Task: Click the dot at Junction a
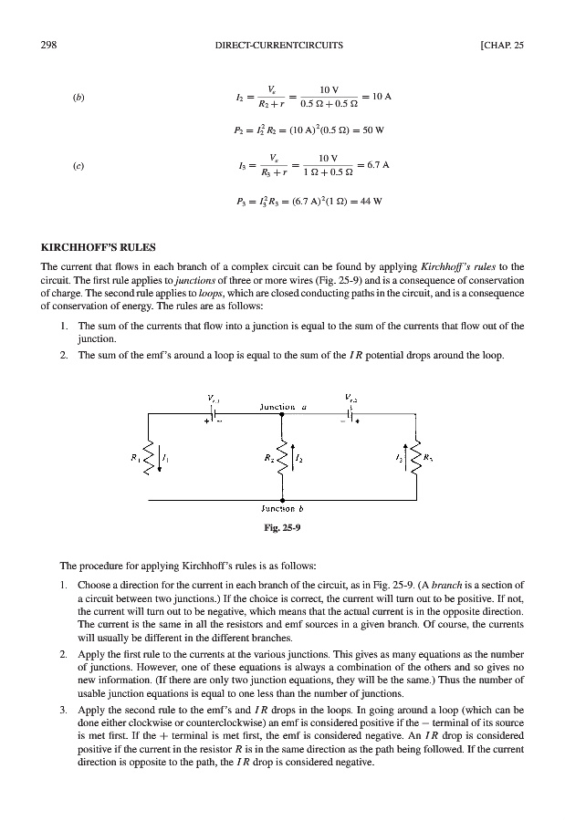click(x=282, y=413)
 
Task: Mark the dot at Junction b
click(x=282, y=501)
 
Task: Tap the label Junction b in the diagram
click(x=282, y=511)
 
